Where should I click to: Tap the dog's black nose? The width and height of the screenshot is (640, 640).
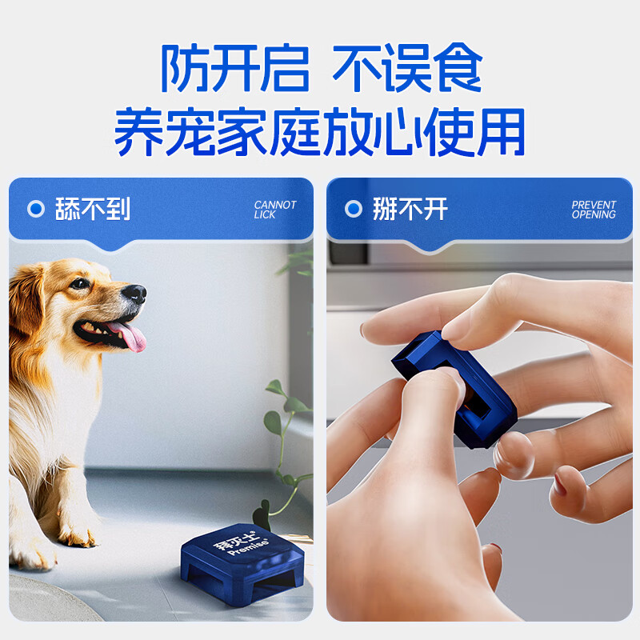[136, 293]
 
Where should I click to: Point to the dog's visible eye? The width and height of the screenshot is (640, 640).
[80, 283]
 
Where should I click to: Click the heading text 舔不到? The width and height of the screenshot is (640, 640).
[92, 210]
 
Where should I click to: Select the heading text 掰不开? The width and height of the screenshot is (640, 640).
[410, 210]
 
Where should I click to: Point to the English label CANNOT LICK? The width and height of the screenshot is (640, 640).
[275, 210]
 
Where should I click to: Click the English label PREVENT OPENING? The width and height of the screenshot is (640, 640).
[594, 210]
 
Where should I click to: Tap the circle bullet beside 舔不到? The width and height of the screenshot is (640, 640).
[36, 210]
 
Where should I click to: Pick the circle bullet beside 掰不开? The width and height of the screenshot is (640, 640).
[354, 210]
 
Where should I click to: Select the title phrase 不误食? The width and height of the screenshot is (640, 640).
[408, 69]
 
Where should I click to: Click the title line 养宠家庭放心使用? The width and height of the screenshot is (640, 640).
[320, 132]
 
